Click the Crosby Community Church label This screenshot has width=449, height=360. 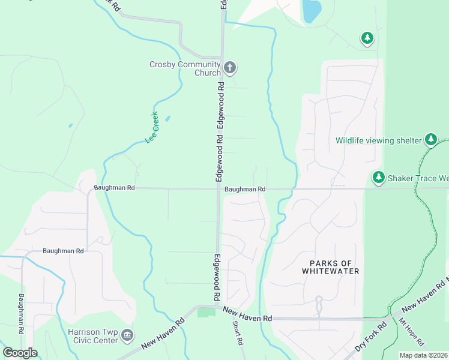coord(185,68)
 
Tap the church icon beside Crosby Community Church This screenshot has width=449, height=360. coord(231,67)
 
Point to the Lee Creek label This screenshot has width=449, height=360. coord(152,127)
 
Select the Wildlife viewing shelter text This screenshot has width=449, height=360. coord(378,140)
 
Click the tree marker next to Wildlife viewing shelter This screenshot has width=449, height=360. coord(431,140)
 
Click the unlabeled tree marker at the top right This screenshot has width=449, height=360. coord(367,38)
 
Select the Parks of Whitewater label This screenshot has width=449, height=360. coord(334,267)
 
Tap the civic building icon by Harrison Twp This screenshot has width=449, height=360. coord(127,335)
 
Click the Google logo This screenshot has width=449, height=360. coord(20,353)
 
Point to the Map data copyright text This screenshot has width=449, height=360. coord(424,355)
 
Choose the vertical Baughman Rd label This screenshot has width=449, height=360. coord(22,313)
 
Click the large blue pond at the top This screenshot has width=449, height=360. coord(311,10)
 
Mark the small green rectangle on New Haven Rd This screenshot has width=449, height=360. coord(206,313)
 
